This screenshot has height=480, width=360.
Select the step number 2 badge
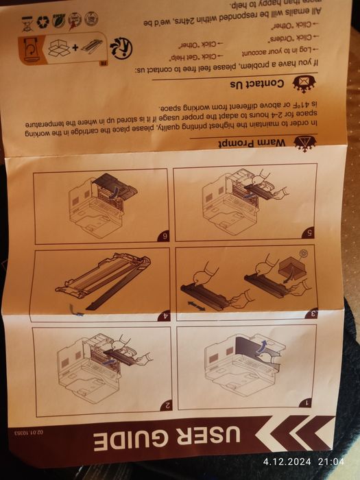tap(165, 406)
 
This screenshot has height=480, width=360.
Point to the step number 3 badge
tap(312, 314)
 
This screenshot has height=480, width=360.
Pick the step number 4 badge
tap(165, 317)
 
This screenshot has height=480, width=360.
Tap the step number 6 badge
tap(165, 237)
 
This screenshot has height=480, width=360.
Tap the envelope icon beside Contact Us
tap(301, 83)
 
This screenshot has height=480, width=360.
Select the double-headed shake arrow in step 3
tap(197, 300)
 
